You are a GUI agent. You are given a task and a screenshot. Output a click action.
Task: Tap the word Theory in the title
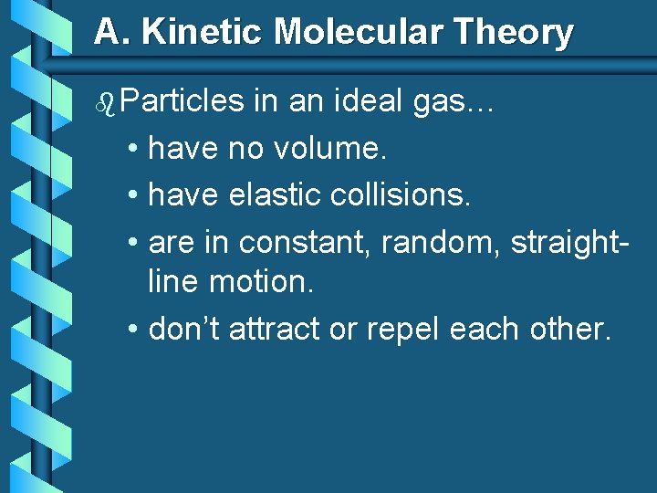pyautogui.click(x=517, y=33)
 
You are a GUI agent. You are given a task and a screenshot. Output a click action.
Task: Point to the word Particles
pyautogui.click(x=181, y=101)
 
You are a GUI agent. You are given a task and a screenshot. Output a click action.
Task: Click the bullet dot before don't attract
pyautogui.click(x=133, y=330)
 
